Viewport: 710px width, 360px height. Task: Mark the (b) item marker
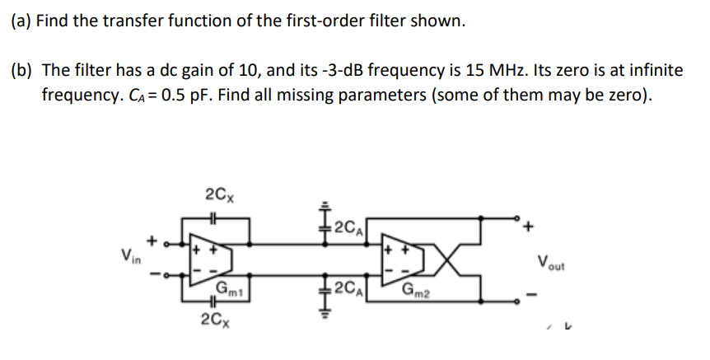[x=22, y=72]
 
